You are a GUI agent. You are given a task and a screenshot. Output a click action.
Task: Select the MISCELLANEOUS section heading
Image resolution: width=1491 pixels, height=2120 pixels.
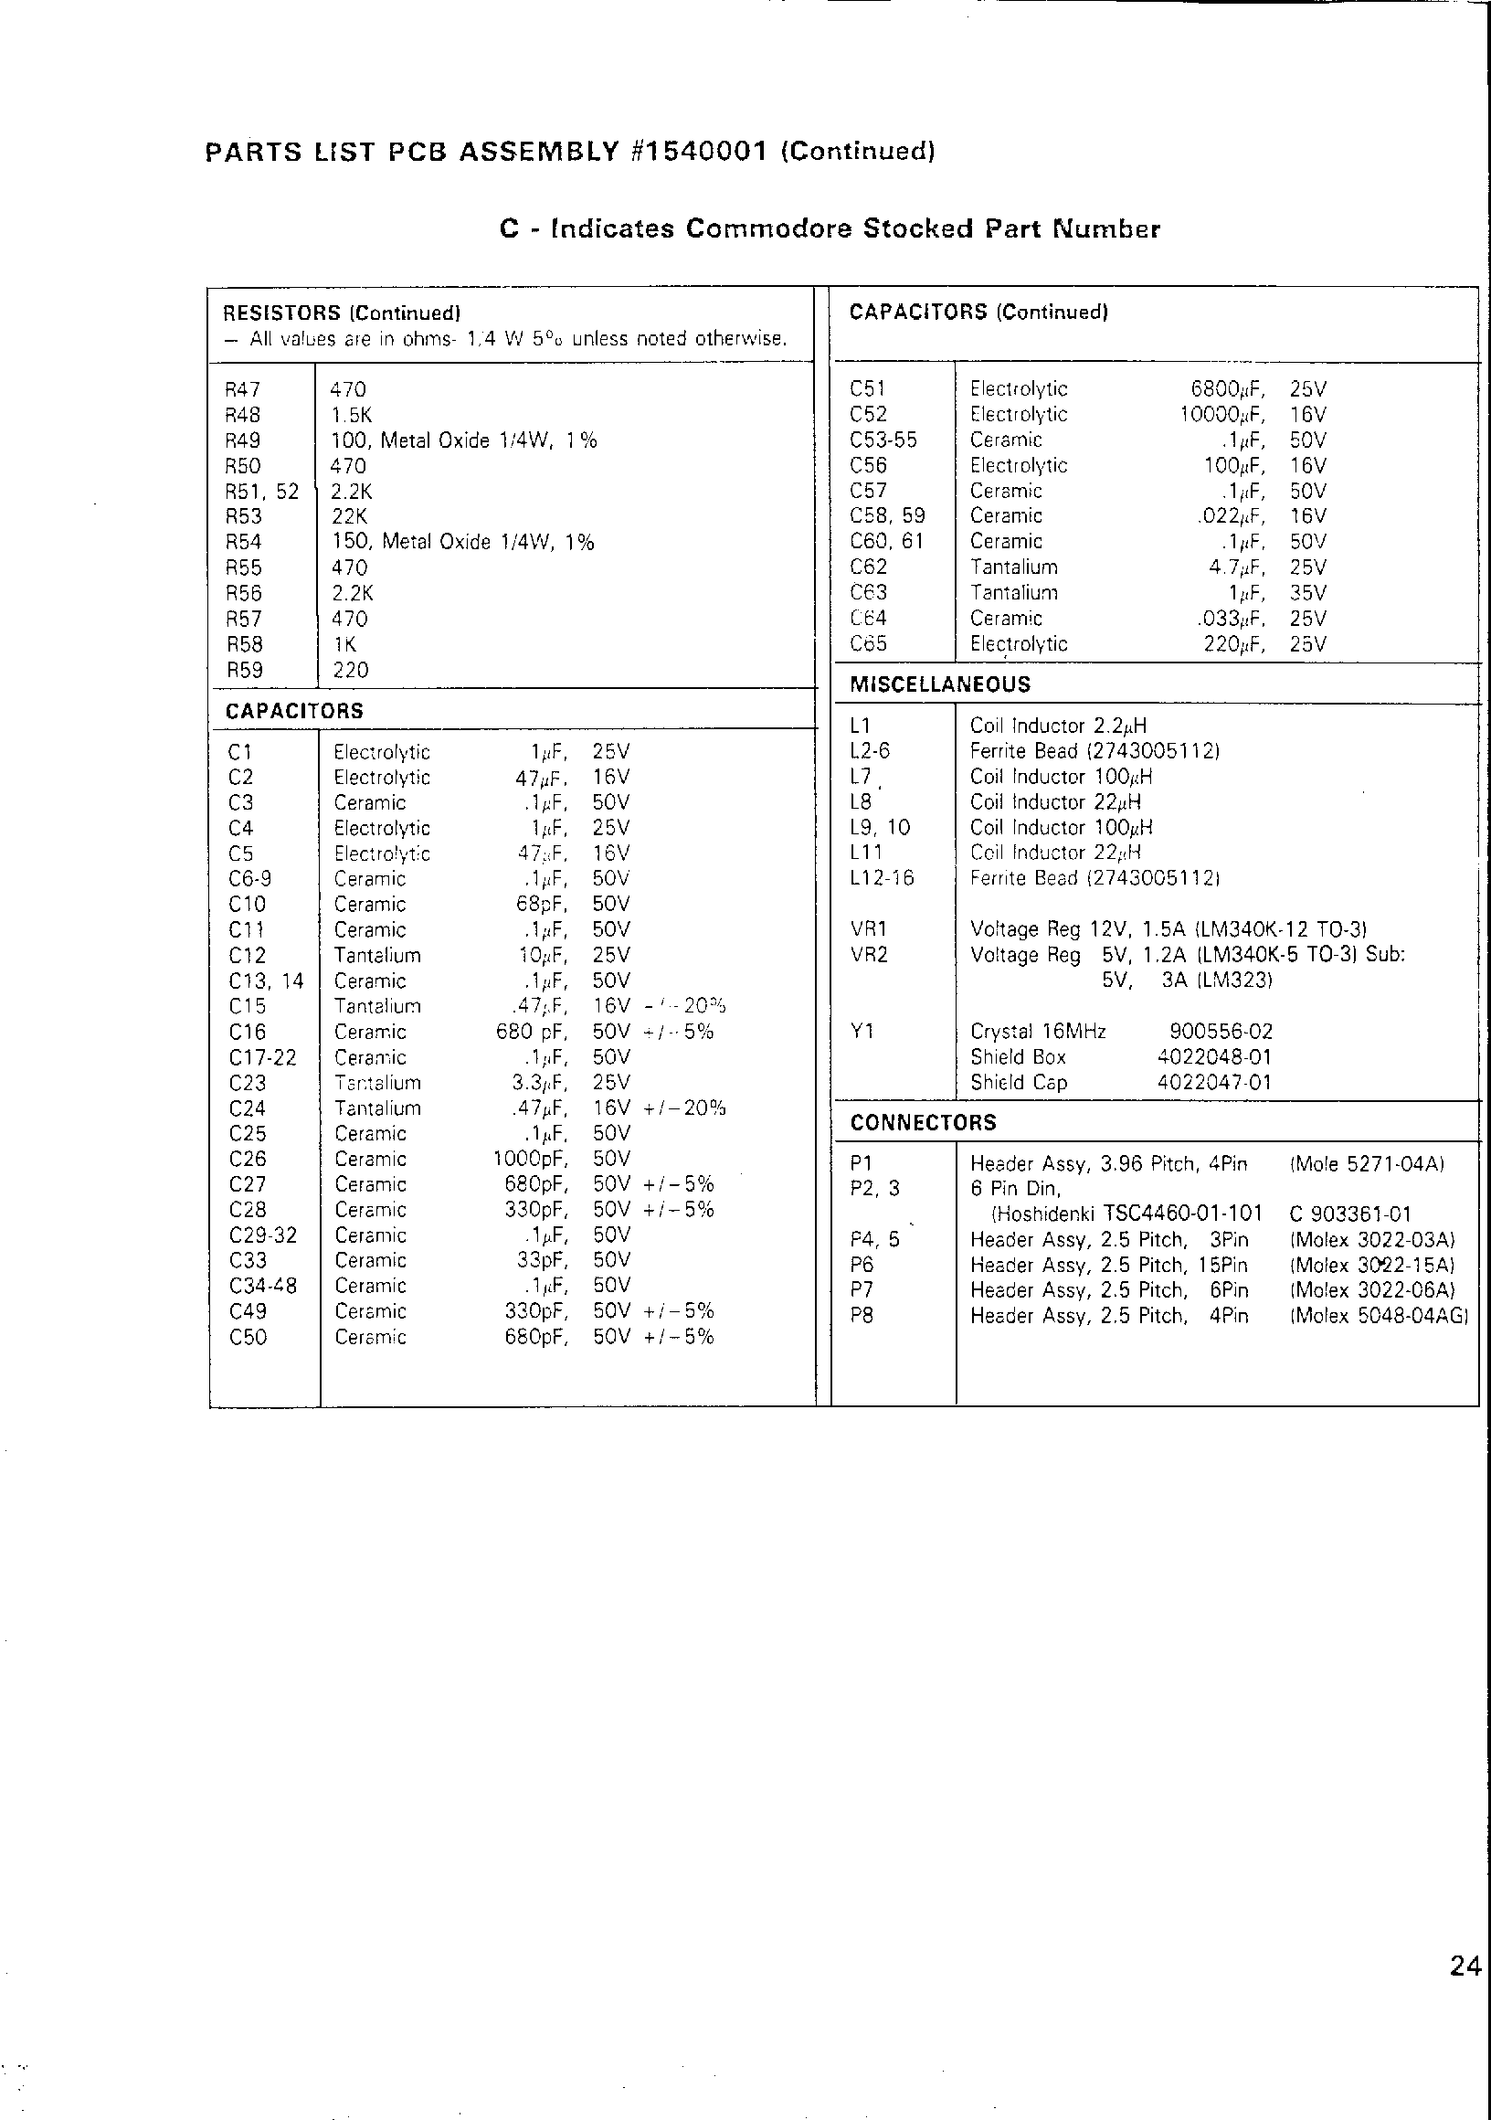click(x=940, y=684)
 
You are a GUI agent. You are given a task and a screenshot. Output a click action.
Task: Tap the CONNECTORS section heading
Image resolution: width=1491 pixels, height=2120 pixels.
click(x=924, y=1123)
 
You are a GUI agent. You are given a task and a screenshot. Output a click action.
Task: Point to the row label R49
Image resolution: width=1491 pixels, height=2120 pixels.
click(x=243, y=440)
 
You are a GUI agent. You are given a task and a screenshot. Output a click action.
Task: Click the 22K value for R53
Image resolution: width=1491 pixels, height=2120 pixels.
click(x=350, y=516)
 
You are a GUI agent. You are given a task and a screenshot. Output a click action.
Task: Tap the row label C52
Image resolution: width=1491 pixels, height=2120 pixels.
click(x=868, y=415)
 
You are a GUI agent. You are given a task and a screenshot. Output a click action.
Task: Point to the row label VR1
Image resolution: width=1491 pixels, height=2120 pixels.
click(x=869, y=930)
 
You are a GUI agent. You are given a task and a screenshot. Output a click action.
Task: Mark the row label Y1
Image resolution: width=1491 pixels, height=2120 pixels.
click(x=862, y=1032)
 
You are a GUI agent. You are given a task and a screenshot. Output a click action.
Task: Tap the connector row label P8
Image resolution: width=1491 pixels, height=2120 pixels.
click(x=862, y=1316)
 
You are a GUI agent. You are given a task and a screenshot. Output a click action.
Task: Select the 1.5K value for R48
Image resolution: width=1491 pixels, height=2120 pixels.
click(x=352, y=415)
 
